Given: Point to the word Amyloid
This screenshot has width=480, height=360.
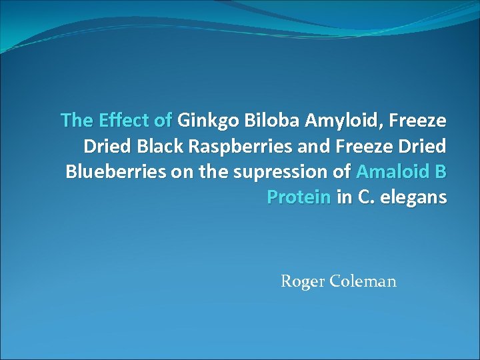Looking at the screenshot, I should tap(338, 120).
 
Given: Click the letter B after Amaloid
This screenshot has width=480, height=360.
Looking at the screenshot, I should tap(440, 171).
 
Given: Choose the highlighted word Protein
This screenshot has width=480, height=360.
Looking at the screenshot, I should tap(299, 197).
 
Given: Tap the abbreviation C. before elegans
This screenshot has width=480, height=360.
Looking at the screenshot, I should tap(363, 197).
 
